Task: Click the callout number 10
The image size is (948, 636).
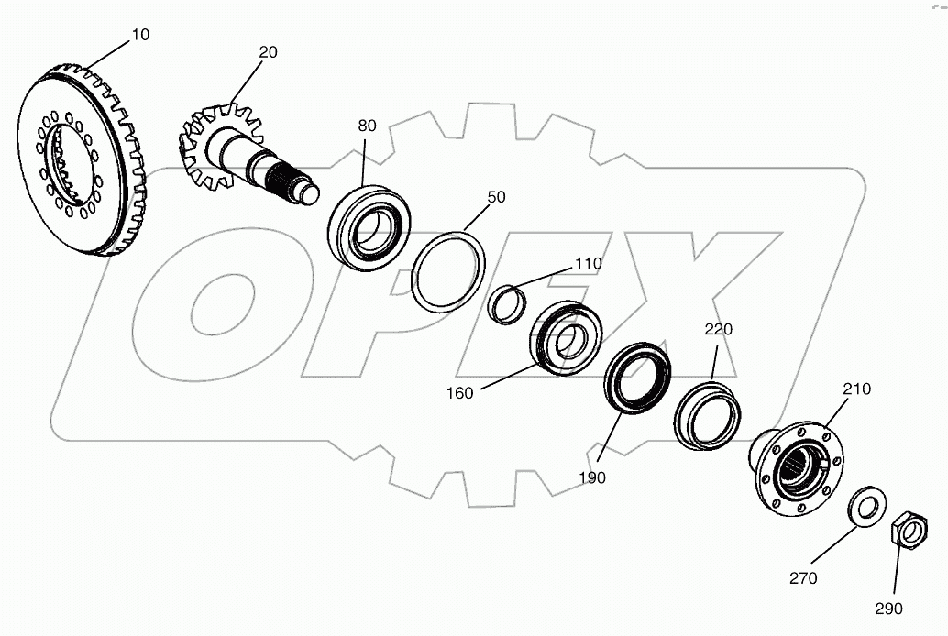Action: pos(141,35)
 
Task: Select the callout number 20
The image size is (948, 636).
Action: pos(268,52)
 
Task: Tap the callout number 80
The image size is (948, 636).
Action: pos(367,126)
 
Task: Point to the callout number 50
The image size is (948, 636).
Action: pos(496,197)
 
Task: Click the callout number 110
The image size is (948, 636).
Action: pos(589,264)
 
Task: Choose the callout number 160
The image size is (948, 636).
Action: pos(459,393)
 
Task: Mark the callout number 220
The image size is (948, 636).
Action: pos(719,328)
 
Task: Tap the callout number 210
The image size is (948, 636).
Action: pos(857,389)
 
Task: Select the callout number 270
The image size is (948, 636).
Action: pos(803,577)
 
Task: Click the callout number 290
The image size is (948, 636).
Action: pos(888,608)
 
